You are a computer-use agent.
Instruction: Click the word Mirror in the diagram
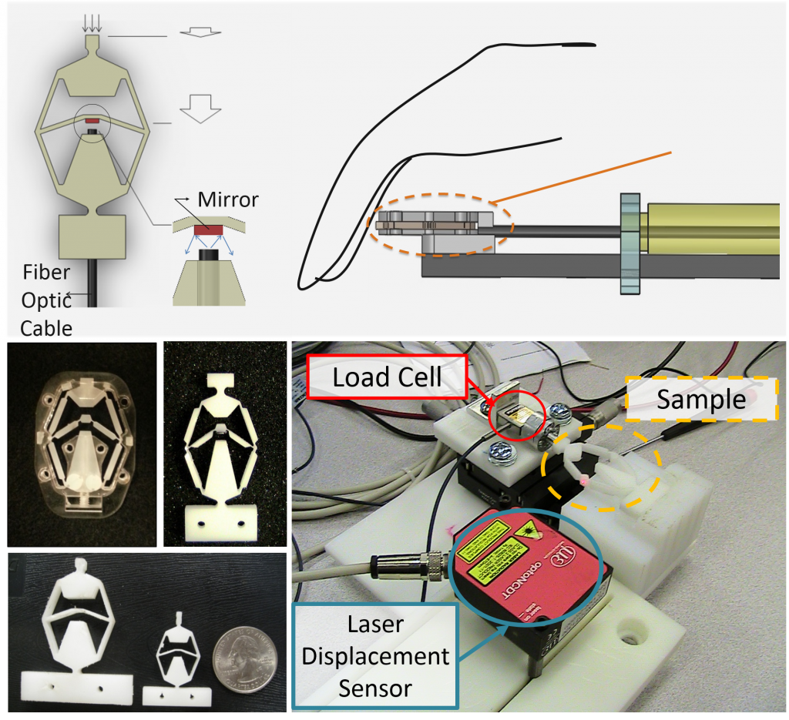(x=228, y=200)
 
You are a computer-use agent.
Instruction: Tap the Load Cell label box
(x=387, y=377)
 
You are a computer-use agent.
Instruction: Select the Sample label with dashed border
(x=700, y=400)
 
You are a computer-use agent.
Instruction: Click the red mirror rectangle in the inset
(x=209, y=229)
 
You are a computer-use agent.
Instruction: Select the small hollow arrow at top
(x=200, y=34)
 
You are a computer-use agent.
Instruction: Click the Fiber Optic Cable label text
(x=46, y=300)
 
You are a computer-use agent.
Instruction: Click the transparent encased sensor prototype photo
(x=80, y=444)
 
